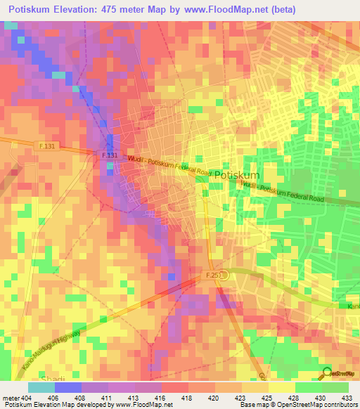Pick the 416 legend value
161,398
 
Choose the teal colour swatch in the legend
41,387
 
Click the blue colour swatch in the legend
67,387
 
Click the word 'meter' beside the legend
11,398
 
